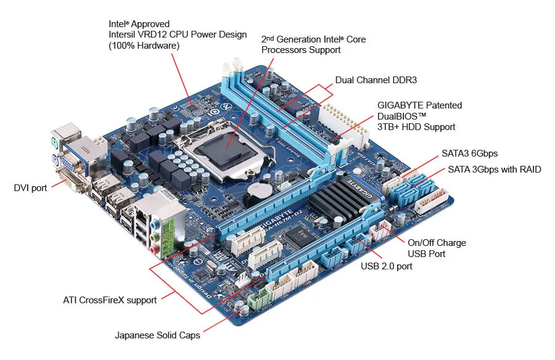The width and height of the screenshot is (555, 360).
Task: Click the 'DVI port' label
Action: coord(30,188)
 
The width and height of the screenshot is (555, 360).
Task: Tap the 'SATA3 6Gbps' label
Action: coord(469,153)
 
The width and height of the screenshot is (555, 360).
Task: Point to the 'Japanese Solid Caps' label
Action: coord(157,335)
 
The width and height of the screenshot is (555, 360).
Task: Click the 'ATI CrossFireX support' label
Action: coord(110,300)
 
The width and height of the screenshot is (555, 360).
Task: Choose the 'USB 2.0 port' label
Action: coord(386,266)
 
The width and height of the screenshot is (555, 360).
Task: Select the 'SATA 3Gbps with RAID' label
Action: coord(494,169)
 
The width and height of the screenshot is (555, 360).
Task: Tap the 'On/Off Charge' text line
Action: coord(437,243)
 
